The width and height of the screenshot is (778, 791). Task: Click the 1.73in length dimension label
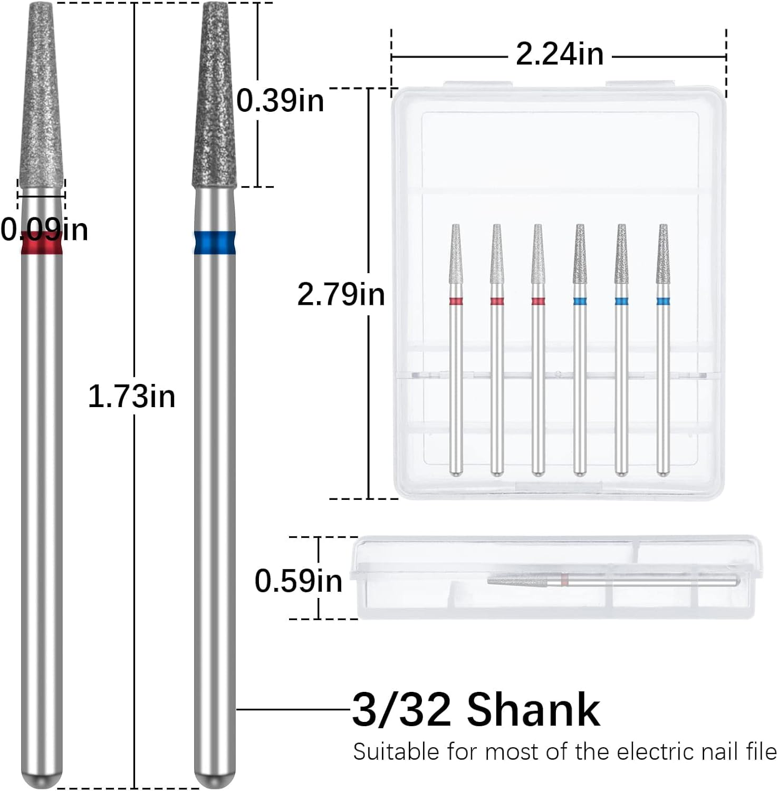point(131,397)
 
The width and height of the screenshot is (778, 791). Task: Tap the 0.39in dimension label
point(280,100)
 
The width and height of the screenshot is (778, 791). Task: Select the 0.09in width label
point(44,230)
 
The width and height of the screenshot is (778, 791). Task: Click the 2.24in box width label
point(559,54)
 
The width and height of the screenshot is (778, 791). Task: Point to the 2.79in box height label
point(341,294)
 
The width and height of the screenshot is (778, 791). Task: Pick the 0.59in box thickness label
point(298,581)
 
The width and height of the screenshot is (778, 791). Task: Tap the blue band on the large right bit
point(215,243)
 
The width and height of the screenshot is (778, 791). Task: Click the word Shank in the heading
point(533,710)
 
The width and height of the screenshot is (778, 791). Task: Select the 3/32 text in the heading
point(401,710)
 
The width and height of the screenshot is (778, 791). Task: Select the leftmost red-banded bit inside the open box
point(456,348)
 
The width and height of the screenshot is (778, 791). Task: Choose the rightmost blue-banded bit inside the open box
point(663,348)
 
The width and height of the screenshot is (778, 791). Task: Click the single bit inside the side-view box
point(612,581)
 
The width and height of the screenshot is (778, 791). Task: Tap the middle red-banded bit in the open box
point(537,348)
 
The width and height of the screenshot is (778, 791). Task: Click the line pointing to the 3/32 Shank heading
point(293,709)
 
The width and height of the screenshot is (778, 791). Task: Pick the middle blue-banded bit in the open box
point(621,348)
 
